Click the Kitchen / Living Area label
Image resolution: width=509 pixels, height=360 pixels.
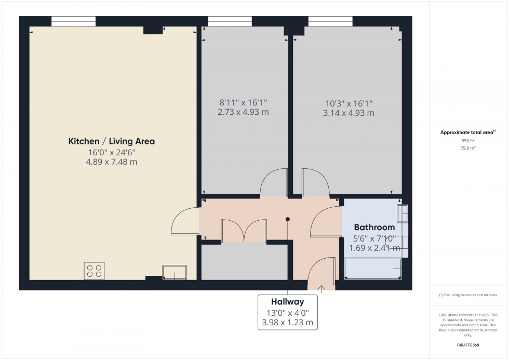112,141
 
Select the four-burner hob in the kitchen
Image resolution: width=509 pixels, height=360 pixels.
94,271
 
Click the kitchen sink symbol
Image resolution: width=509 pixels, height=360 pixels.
175,272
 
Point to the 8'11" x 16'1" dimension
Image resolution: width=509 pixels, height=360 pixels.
244,103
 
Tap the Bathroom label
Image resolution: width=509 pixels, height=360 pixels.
374,227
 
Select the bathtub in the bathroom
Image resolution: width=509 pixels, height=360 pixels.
373,269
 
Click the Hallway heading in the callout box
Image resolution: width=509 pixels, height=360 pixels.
287,301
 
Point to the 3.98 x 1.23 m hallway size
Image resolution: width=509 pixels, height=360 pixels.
287,323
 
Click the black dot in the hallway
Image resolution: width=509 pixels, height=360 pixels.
287,219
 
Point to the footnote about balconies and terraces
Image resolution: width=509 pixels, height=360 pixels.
467,295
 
